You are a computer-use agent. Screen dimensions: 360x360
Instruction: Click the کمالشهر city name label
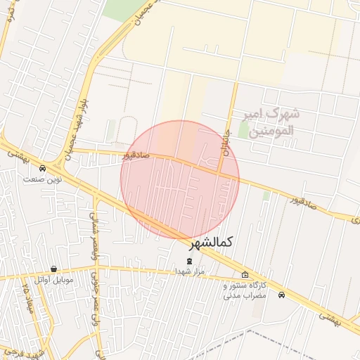(x=211, y=242)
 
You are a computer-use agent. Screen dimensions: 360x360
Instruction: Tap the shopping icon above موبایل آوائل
(x=54, y=269)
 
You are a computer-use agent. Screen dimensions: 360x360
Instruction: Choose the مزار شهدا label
(x=189, y=271)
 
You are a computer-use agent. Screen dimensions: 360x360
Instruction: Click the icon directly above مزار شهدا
(x=188, y=261)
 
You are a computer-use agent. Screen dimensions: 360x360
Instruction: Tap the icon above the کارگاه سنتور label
(x=245, y=275)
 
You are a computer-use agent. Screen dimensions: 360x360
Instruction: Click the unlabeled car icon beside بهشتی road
(x=281, y=295)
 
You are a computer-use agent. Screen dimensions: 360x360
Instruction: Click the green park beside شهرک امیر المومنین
(x=243, y=130)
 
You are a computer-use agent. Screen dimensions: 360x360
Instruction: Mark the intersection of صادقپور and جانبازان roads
(x=219, y=172)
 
